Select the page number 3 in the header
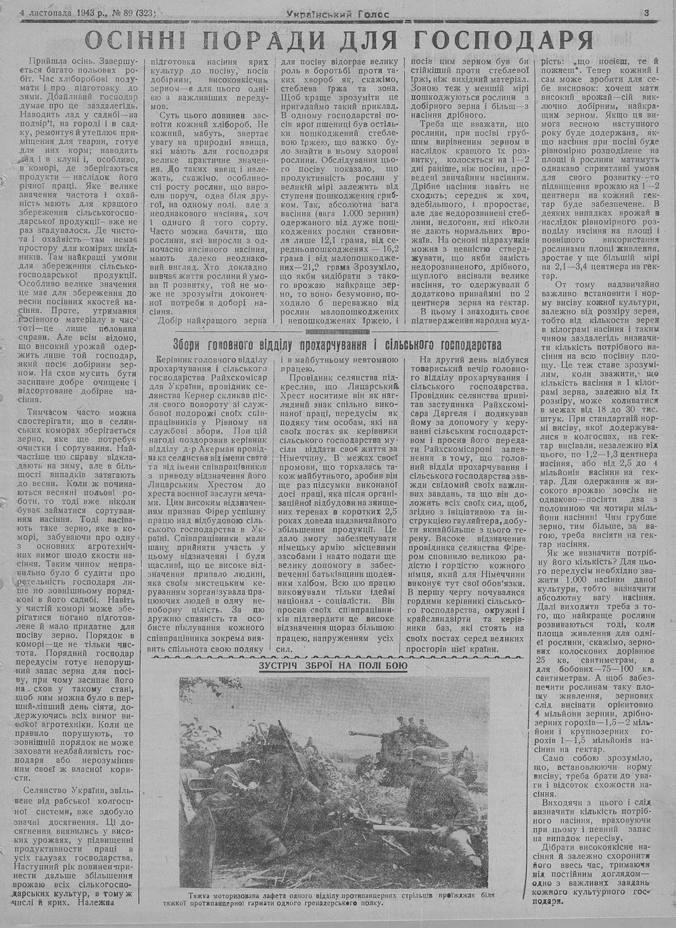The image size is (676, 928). [x=647, y=11]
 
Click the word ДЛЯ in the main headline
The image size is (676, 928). [x=355, y=43]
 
